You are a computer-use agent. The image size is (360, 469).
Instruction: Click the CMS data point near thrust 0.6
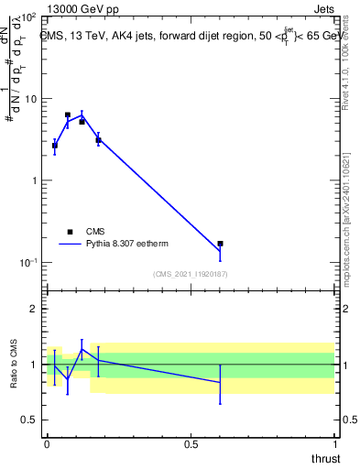coord(220,244)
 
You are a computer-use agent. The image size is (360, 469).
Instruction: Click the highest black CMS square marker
coord(68,115)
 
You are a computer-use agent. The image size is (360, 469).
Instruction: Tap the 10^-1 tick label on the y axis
coord(27,263)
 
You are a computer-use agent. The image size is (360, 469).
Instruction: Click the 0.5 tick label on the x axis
coord(191,444)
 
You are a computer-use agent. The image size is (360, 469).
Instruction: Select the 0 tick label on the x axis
coord(47,444)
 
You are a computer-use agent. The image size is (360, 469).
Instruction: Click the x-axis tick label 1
coord(334,444)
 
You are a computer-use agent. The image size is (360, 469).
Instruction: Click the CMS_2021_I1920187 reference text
coord(190,274)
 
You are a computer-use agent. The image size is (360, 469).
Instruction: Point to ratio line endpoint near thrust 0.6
coord(220,382)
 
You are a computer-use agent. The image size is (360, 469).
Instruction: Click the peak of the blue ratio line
coord(82,349)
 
